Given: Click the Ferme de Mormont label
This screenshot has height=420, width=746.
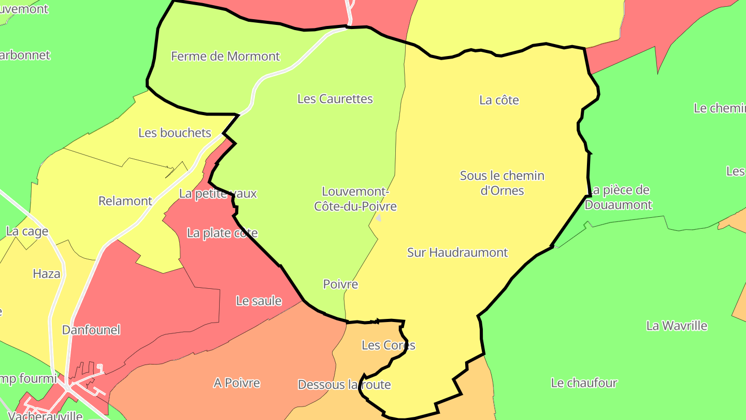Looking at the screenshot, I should point(225,56).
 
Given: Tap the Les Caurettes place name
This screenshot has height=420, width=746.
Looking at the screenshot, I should point(335,99).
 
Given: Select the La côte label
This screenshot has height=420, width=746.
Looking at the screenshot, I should point(499,100).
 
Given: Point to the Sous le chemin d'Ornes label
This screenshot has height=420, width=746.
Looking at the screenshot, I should point(502,183).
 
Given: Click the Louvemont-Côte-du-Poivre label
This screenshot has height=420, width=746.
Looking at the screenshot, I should point(355,199).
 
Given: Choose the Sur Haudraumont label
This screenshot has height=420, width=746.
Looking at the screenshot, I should point(457,253).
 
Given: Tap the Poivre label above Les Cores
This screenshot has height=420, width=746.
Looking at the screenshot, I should point(340,284).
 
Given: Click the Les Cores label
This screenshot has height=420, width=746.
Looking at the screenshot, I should point(388,345).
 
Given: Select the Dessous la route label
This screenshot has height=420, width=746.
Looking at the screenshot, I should point(344,385).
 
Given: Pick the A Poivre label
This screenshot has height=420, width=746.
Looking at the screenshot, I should point(237,383).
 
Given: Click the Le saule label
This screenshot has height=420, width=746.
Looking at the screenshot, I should point(259,301).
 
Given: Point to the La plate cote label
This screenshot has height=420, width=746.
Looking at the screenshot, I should point(222,233).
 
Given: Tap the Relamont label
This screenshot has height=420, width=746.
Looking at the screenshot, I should point(125,201).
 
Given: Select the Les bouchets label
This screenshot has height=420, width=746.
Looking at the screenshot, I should point(175,133).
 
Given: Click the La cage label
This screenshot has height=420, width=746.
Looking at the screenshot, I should point(27,231).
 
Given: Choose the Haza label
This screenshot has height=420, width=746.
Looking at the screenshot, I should point(47,274).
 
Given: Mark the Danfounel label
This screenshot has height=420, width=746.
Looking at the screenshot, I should point(91,330).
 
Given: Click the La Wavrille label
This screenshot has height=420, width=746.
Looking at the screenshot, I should point(677,326).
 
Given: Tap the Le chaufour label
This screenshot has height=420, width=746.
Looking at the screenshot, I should point(584,383).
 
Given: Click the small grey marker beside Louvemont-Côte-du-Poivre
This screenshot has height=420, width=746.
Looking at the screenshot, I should point(378,218).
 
